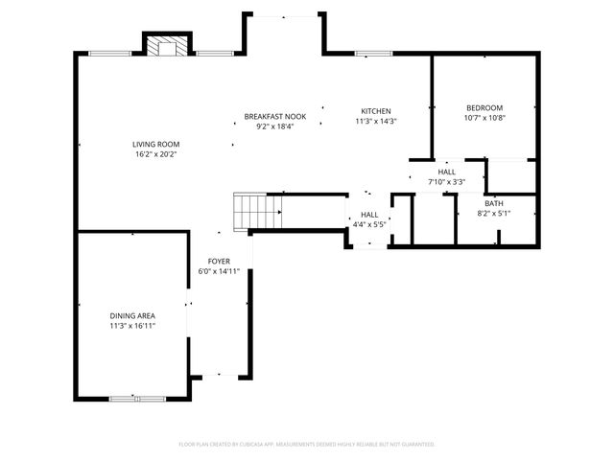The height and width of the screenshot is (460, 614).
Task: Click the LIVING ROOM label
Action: [x=156, y=144]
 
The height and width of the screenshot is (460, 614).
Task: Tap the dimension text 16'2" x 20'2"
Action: [x=156, y=153]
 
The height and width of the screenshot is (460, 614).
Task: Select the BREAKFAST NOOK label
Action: [x=274, y=116]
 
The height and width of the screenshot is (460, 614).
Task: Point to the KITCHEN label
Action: [x=375, y=111]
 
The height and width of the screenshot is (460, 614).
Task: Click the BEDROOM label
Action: [x=484, y=108]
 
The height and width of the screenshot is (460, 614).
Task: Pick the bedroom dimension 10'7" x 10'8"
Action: [x=484, y=118]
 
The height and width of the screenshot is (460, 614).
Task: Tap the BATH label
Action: [x=493, y=203]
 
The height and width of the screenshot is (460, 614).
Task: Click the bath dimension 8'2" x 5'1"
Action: [x=493, y=213]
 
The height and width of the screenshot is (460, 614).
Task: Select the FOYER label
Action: [x=219, y=261]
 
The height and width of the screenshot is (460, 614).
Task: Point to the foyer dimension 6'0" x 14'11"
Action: [x=219, y=271]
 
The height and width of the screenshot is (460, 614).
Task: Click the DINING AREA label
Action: [x=132, y=315]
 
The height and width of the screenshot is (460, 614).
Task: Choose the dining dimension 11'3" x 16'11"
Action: [x=132, y=326]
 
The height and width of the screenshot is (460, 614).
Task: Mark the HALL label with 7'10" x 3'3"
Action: [x=446, y=172]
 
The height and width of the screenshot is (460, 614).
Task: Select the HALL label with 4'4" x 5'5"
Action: [x=369, y=215]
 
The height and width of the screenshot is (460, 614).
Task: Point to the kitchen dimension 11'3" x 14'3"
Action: [x=375, y=122]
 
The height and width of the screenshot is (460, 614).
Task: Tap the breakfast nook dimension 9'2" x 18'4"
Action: [x=274, y=126]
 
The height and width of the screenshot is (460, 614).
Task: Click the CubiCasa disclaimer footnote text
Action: [x=307, y=445]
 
